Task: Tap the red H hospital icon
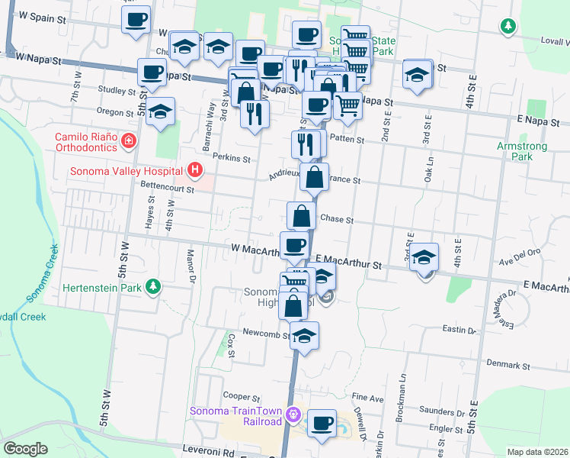coord(196,169)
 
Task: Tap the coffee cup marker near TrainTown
coord(322,422)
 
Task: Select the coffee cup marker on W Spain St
coord(136,20)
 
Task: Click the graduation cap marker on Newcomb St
coord(304,336)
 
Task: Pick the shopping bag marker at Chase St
coord(301,215)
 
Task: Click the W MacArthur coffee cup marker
coord(294,245)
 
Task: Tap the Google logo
coord(25,449)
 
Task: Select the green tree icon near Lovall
coord(508,27)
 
